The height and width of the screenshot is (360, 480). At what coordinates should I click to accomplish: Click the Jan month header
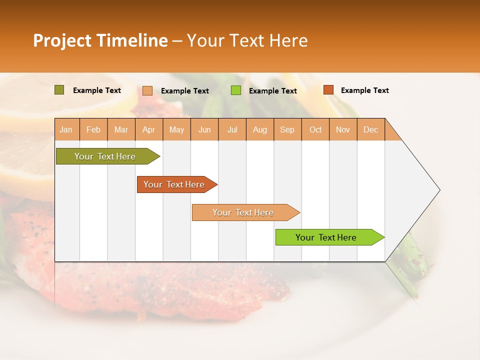click(x=66, y=129)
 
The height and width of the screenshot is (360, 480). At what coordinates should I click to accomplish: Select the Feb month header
click(x=93, y=129)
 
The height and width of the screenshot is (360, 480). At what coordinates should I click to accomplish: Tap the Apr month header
click(x=149, y=129)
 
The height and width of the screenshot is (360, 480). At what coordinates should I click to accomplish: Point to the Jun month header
click(x=204, y=129)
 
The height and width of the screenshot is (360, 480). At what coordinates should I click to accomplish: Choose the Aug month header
click(x=260, y=129)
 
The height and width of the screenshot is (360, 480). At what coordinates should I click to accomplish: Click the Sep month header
click(x=287, y=129)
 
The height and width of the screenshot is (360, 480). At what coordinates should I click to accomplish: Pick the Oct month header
click(x=315, y=129)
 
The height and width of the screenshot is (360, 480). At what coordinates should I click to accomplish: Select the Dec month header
click(x=371, y=129)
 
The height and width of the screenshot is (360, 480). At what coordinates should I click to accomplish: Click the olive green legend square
click(x=59, y=90)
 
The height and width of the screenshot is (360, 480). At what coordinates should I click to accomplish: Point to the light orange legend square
click(x=147, y=90)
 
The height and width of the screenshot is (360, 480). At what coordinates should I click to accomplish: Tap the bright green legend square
click(x=236, y=90)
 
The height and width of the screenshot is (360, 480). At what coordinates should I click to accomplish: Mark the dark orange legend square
click(x=328, y=90)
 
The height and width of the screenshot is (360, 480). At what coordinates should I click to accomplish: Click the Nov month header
click(x=343, y=129)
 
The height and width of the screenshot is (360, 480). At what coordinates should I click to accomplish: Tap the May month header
click(x=176, y=129)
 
